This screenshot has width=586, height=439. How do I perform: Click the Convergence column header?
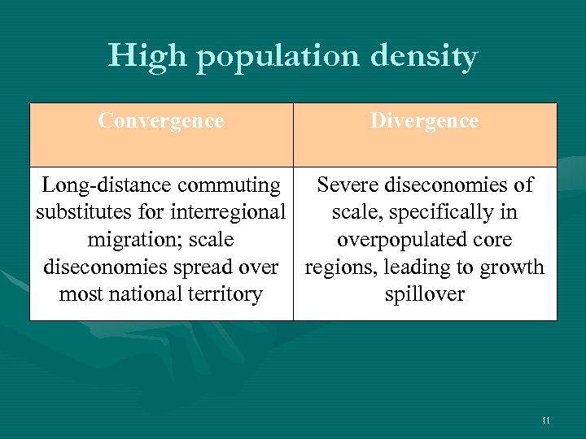(x=160, y=121)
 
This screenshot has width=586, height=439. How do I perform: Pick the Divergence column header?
(x=424, y=121)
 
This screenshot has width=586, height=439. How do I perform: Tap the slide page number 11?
(x=545, y=419)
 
